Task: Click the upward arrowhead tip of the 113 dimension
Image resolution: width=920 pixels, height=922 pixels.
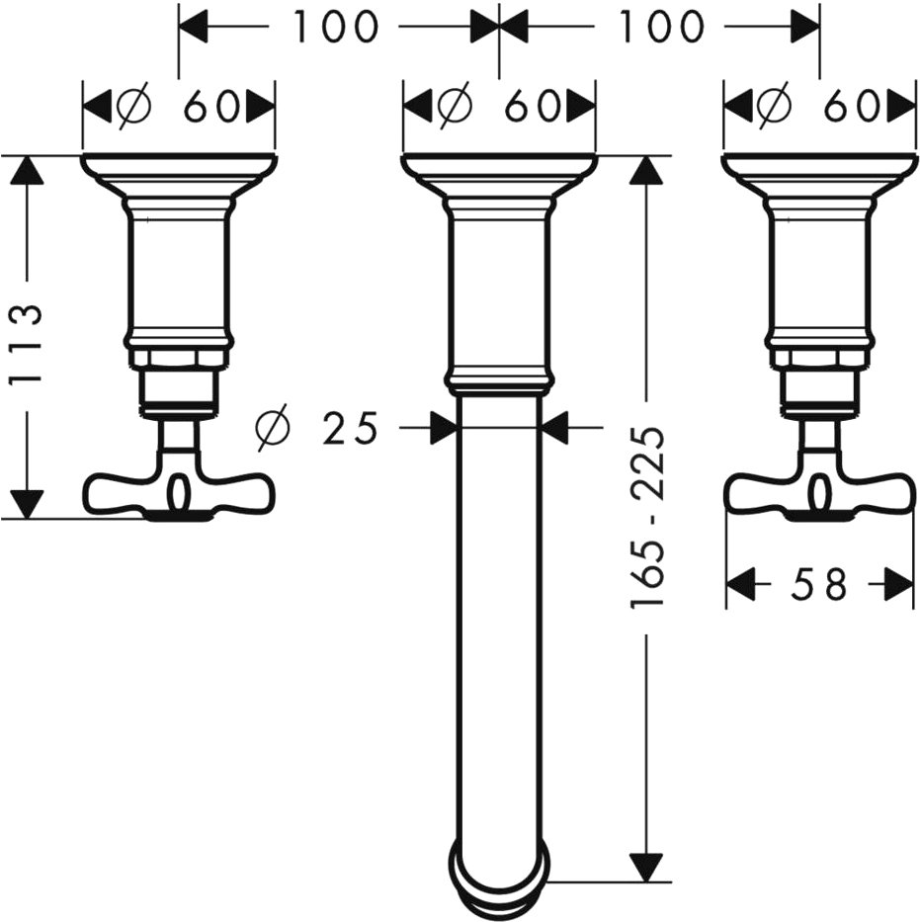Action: [27, 156]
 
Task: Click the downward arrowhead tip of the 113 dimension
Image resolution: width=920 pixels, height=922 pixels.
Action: [27, 518]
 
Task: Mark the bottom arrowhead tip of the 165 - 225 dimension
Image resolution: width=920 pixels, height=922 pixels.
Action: [645, 882]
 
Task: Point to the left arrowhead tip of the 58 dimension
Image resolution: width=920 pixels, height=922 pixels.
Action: [726, 584]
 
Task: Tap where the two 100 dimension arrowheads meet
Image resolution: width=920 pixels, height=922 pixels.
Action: [498, 26]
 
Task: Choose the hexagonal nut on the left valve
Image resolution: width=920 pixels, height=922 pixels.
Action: [179, 358]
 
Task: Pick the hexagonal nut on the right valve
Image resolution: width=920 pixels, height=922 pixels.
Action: [819, 358]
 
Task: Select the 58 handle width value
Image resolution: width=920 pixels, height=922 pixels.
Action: [819, 584]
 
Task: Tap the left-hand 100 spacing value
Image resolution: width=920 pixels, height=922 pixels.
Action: [334, 26]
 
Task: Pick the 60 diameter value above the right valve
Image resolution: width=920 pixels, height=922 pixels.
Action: [852, 107]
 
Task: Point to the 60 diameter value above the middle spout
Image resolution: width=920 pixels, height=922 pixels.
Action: [532, 107]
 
